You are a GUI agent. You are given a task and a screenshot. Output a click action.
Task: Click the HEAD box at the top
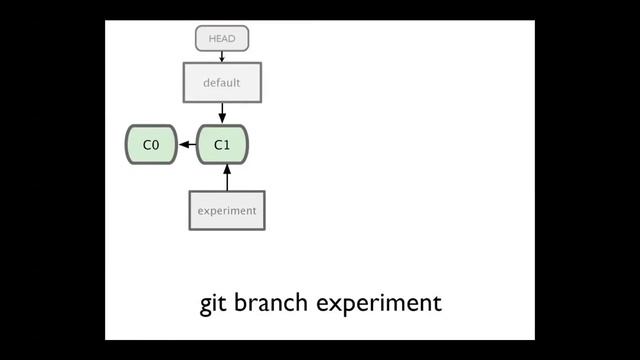click(221, 39)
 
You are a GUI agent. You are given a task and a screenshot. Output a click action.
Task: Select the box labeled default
click(222, 82)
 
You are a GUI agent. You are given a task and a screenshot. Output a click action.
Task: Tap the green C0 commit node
click(151, 145)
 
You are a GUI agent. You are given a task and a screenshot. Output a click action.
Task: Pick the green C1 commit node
click(222, 145)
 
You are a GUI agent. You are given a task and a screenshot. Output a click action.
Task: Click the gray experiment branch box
click(227, 210)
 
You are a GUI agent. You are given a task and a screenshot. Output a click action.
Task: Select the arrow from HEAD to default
click(222, 56)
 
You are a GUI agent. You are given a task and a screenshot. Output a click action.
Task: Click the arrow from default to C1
click(222, 112)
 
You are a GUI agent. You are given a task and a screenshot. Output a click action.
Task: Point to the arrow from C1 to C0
click(187, 145)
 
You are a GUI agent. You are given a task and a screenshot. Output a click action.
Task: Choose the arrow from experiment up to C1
click(227, 178)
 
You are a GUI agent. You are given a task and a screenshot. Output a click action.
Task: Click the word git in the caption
click(213, 303)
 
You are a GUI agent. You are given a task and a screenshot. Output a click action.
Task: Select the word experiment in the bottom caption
click(379, 303)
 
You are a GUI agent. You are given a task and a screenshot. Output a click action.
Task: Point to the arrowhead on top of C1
click(222, 120)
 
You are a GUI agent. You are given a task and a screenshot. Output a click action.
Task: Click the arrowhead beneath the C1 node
click(227, 169)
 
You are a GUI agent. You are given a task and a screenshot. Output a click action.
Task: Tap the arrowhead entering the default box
click(222, 59)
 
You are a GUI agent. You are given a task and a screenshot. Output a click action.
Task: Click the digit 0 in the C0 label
click(155, 145)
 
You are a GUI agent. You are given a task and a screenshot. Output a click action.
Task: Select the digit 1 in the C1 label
click(227, 145)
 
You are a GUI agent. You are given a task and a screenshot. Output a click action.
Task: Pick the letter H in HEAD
click(212, 39)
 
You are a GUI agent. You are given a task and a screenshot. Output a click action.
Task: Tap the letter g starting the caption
click(206, 304)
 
